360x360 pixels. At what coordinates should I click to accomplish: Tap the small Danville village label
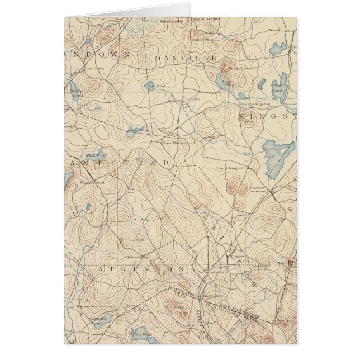pos(191,99)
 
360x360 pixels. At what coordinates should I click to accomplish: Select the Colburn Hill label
pos(202,40)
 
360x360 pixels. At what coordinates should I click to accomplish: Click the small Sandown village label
pos(94,68)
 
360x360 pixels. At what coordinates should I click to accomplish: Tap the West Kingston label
pos(255,104)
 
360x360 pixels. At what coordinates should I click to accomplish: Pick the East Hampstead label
pos(179,143)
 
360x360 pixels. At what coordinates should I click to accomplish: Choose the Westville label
pos(219,272)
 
